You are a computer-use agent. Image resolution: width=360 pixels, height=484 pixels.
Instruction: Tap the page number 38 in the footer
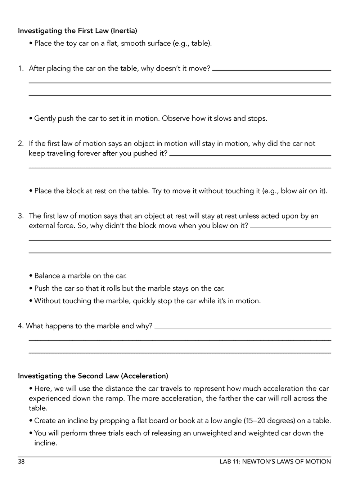21,462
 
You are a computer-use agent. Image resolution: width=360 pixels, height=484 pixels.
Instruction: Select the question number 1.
20,68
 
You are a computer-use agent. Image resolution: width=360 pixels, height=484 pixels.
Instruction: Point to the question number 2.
20,144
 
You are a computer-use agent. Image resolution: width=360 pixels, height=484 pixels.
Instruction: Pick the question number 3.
20,216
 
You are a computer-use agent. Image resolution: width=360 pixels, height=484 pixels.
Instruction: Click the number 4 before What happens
20,326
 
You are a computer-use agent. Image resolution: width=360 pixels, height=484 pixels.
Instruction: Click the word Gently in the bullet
45,118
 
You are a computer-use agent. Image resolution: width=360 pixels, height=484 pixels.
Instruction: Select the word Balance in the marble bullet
47,276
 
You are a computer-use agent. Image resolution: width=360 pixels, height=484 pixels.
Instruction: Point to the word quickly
144,301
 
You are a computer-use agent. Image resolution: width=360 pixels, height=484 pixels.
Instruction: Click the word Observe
176,118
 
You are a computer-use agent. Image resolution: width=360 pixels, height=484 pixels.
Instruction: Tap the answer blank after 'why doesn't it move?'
272,70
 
